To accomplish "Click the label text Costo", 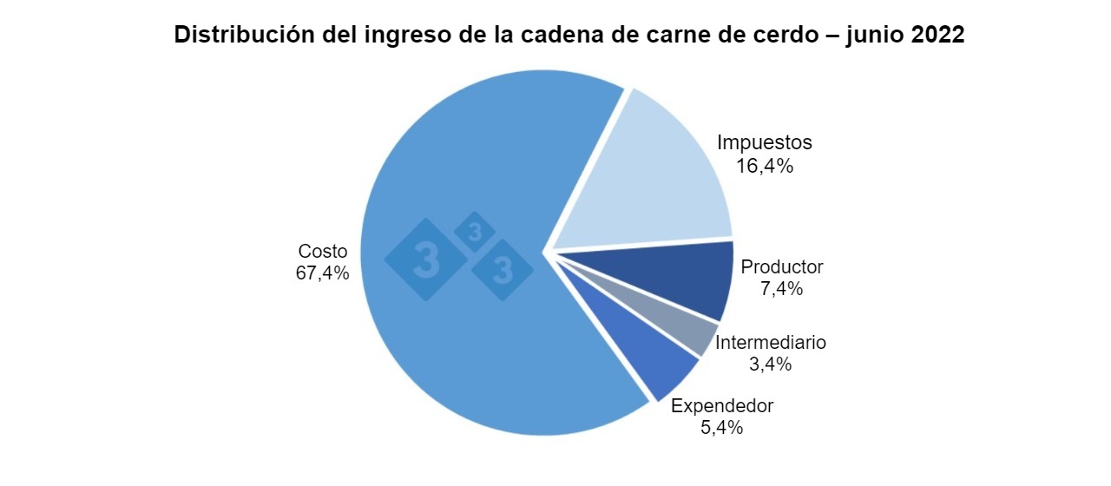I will [x=323, y=251].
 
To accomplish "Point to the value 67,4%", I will [x=323, y=273].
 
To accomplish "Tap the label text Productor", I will [x=782, y=266].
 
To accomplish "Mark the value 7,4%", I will [x=782, y=289].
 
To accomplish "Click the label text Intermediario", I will [x=771, y=342].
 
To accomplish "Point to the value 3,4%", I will [x=771, y=364].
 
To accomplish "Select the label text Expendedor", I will [x=722, y=405].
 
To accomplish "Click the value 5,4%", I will [x=722, y=428].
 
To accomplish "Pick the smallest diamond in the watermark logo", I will [x=475, y=232].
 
